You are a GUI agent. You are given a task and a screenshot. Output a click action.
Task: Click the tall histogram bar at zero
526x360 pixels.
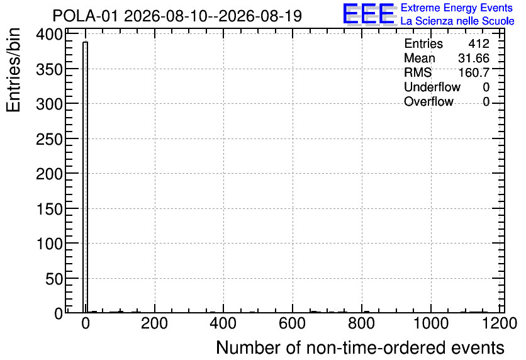(x=85, y=177)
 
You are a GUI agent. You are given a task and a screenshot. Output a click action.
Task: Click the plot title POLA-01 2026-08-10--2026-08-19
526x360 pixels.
(x=177, y=16)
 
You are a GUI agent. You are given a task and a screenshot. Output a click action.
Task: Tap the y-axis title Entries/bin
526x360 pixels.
(x=13, y=70)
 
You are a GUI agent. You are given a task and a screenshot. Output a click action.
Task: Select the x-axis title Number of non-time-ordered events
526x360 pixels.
(x=360, y=347)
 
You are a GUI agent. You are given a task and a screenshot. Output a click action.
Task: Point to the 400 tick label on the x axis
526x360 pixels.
(x=223, y=323)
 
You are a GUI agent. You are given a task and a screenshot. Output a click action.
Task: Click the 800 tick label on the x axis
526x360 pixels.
(x=361, y=323)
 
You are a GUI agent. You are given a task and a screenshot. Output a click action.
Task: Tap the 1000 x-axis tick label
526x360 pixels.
(x=431, y=323)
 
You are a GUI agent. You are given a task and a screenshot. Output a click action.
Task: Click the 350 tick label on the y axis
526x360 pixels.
(x=49, y=69)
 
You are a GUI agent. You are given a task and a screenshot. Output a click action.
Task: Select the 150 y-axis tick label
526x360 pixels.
(x=49, y=209)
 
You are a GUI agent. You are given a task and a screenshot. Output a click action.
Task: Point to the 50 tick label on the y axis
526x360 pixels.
(x=54, y=279)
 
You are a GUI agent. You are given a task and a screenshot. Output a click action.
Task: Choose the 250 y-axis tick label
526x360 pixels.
(x=49, y=139)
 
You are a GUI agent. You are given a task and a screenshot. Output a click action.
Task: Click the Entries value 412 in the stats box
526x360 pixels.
(x=479, y=43)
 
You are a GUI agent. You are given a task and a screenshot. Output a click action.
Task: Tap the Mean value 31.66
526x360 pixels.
(x=474, y=58)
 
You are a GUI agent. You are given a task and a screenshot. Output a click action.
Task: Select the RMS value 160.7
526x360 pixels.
(x=474, y=72)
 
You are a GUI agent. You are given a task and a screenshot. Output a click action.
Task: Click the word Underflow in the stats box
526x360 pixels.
(x=432, y=87)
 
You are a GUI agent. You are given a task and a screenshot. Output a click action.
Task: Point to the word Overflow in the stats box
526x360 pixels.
(x=428, y=101)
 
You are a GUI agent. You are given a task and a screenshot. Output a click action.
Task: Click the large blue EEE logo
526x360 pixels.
(x=369, y=14)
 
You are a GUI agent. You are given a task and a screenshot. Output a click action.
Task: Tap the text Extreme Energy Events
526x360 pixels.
(x=457, y=8)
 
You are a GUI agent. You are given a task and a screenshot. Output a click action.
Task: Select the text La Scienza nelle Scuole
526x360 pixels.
(x=457, y=21)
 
